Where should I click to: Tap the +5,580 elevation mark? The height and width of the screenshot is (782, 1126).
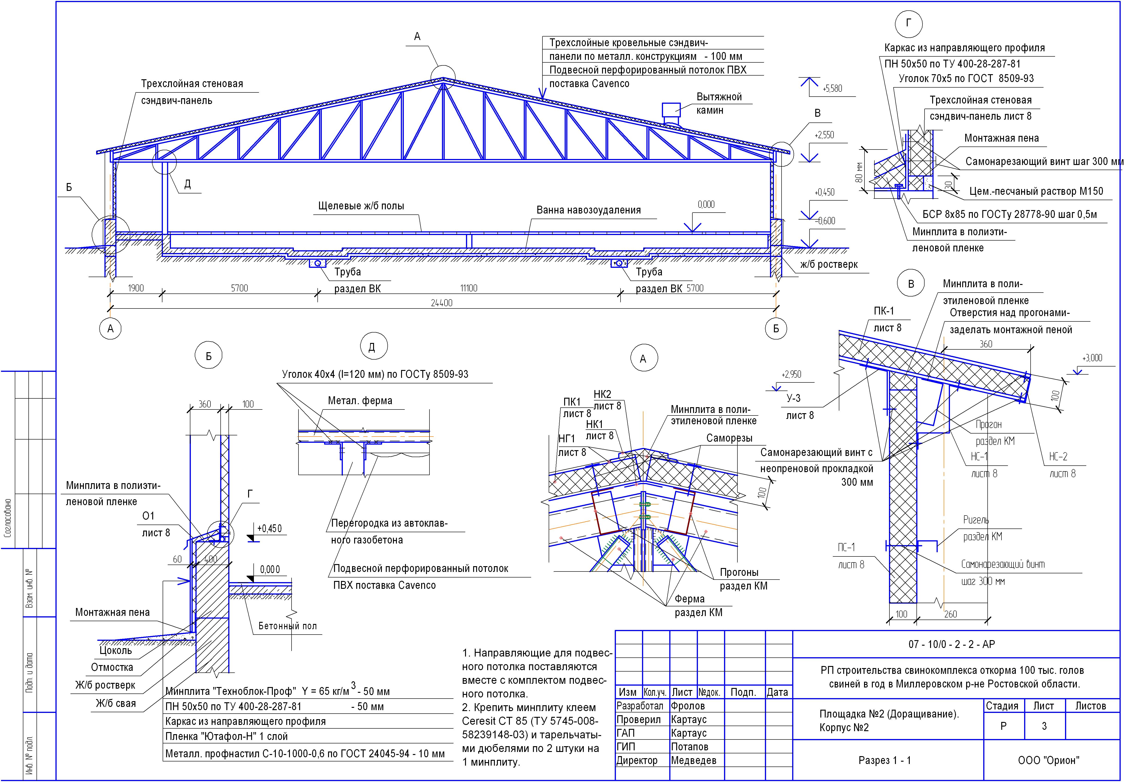(x=832, y=89)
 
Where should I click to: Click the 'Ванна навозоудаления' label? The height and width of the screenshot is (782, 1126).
(x=588, y=210)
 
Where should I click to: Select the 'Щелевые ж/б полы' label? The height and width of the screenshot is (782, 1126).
(x=361, y=206)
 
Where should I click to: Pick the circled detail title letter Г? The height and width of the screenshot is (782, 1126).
(x=909, y=23)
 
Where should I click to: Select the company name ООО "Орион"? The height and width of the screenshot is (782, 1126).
(x=1049, y=761)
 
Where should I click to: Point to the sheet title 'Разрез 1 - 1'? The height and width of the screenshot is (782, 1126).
(x=885, y=761)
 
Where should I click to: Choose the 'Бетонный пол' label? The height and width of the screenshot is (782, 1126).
(x=287, y=626)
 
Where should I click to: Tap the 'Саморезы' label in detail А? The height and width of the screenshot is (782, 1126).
(x=729, y=438)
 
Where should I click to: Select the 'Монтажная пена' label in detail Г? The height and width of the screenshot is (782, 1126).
(x=1001, y=138)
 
